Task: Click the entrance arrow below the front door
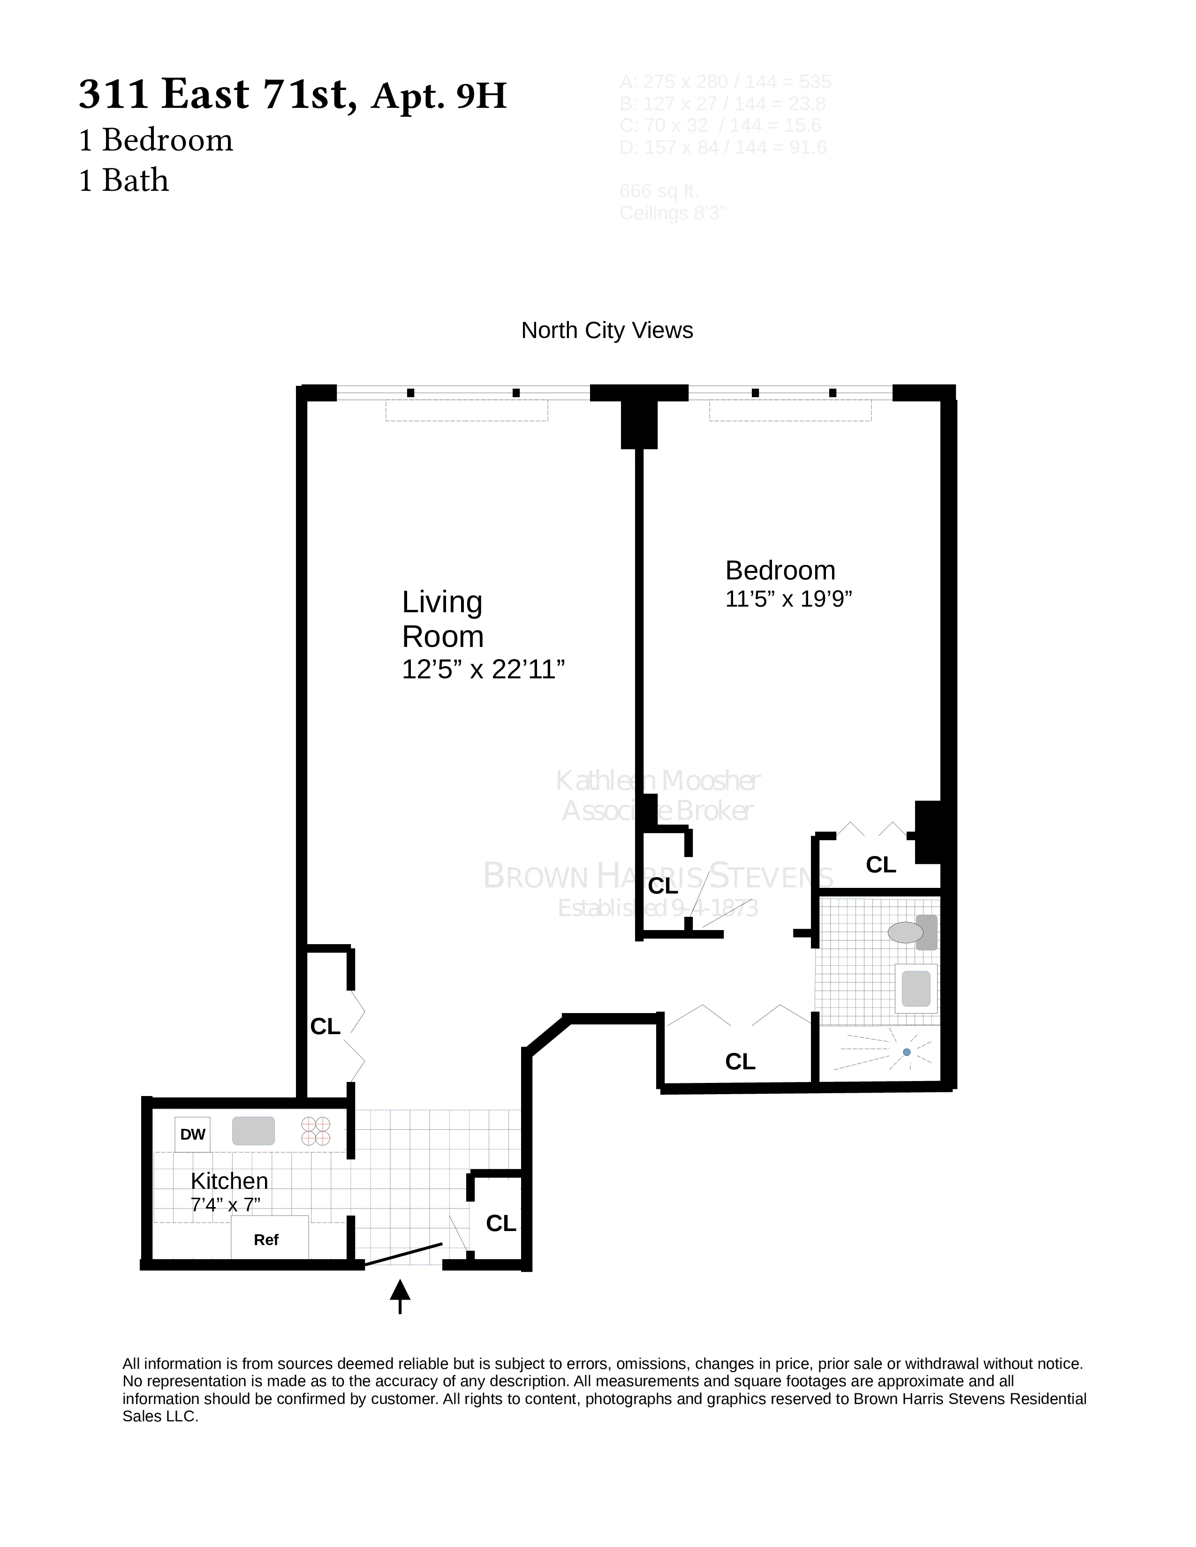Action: click(400, 1296)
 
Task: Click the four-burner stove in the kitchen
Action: click(315, 1131)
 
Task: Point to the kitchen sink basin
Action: click(253, 1131)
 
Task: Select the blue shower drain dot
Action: click(906, 1052)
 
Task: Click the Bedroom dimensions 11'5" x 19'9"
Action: click(788, 599)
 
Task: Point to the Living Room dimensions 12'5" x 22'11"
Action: click(483, 669)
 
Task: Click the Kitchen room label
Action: click(229, 1181)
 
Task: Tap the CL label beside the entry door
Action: click(501, 1223)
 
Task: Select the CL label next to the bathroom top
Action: click(881, 865)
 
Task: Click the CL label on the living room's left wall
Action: click(325, 1026)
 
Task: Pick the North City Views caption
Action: click(606, 331)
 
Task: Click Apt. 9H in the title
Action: click(439, 96)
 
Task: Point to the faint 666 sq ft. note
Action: click(659, 191)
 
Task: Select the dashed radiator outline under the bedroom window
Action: click(790, 411)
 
